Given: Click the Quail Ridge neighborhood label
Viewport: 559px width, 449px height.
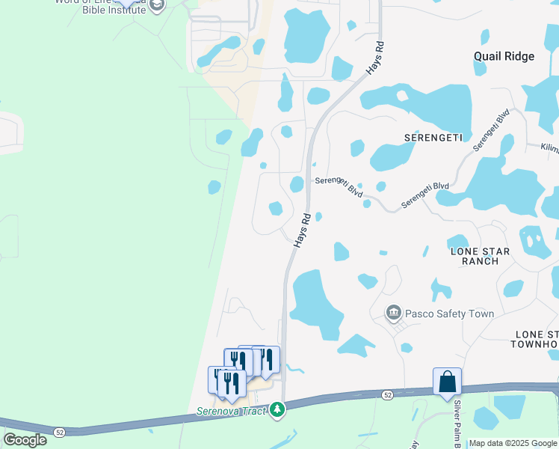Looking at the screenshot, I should click(x=504, y=56).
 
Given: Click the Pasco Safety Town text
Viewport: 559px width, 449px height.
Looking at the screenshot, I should click(x=449, y=314).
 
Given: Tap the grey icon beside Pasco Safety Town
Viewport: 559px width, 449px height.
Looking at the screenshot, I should click(x=393, y=313).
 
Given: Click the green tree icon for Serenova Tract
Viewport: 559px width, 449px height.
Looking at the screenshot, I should click(x=277, y=409).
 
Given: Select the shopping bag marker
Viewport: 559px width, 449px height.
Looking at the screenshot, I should click(x=447, y=382).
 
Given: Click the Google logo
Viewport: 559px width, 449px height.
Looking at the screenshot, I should click(x=25, y=439).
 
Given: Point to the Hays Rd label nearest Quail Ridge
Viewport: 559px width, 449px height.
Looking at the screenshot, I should click(x=375, y=58).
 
